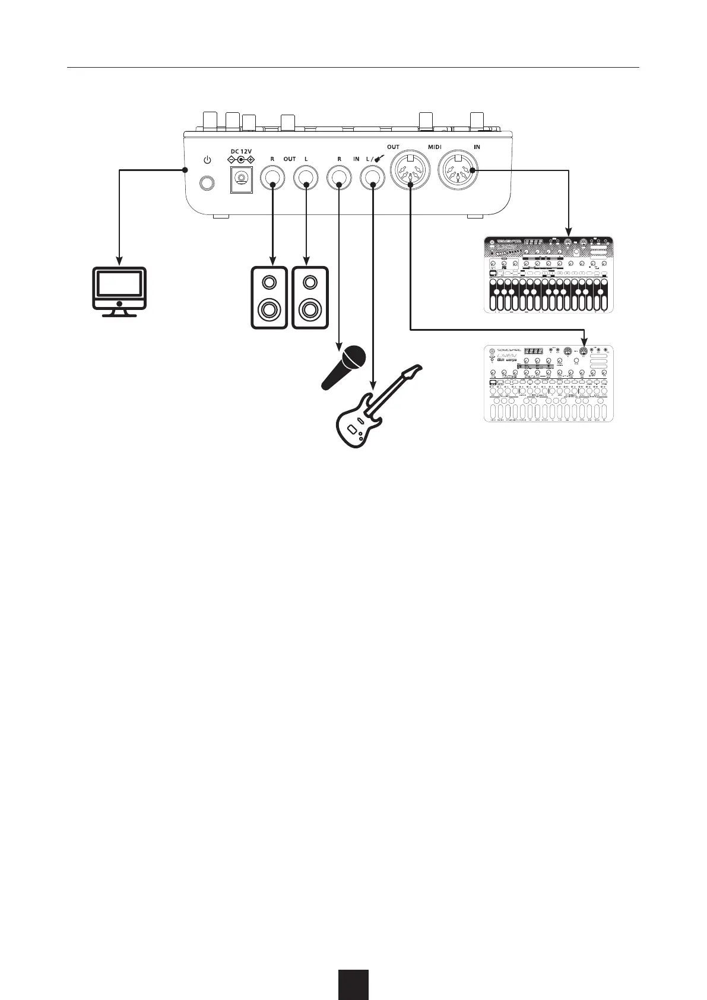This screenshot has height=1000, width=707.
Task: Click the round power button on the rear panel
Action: coord(207,183)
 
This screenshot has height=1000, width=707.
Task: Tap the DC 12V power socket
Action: coord(242,179)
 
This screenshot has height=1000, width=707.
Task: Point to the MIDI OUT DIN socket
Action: coord(410,172)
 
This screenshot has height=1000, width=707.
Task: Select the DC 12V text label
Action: coord(241,151)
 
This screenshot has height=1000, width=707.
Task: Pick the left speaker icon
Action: coord(269,297)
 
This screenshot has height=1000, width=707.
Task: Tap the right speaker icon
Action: coord(309,297)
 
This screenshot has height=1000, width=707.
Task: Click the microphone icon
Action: coord(344,367)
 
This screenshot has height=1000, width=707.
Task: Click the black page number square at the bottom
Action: coord(354,984)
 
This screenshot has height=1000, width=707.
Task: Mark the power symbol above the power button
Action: coord(207,160)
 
